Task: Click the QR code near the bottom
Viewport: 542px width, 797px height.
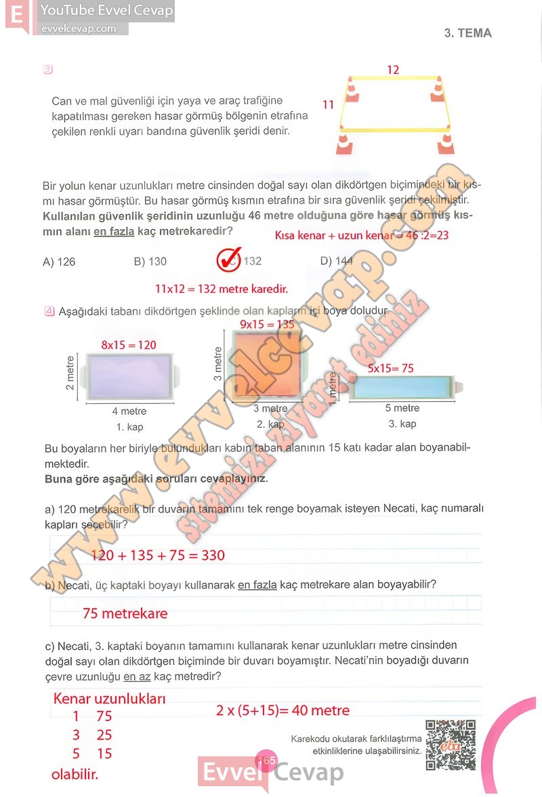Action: pyautogui.click(x=451, y=745)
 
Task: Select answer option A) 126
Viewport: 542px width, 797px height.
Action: pyautogui.click(x=59, y=262)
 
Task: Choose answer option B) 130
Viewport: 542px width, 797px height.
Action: pyautogui.click(x=150, y=262)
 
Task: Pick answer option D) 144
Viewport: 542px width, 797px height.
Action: pyautogui.click(x=336, y=261)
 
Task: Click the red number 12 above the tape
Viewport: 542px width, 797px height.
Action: pyautogui.click(x=393, y=70)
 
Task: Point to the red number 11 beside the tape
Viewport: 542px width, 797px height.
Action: pyautogui.click(x=329, y=104)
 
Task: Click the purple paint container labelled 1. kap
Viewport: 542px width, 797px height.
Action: pyautogui.click(x=129, y=377)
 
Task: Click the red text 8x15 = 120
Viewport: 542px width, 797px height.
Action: pyautogui.click(x=129, y=345)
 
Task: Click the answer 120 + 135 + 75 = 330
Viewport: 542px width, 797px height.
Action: pyautogui.click(x=158, y=556)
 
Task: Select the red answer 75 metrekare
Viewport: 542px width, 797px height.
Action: pyautogui.click(x=125, y=614)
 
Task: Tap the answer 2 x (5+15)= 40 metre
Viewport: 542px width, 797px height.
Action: pyautogui.click(x=283, y=710)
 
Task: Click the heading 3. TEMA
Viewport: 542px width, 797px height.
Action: pyautogui.click(x=467, y=33)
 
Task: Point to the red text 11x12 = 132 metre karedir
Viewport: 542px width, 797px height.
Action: pyautogui.click(x=222, y=289)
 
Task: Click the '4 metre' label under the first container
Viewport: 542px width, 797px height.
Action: pyautogui.click(x=129, y=411)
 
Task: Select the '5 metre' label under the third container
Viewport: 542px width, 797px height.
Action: pyautogui.click(x=402, y=408)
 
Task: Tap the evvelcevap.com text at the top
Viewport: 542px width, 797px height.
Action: pyautogui.click(x=79, y=28)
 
